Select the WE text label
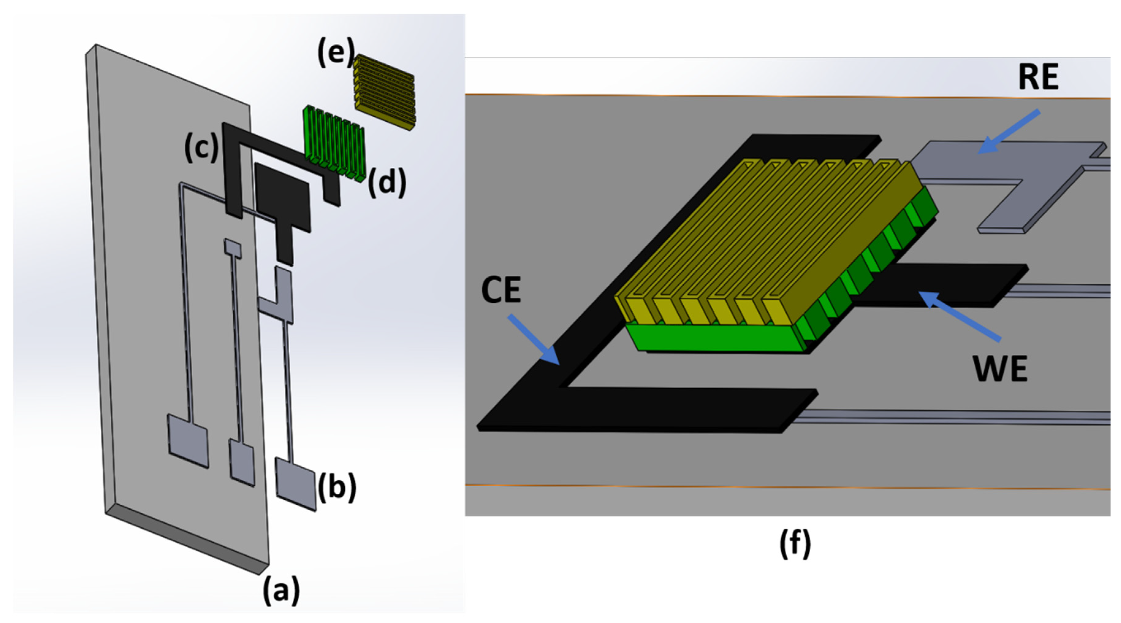click(1000, 369)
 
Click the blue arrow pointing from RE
click(1009, 131)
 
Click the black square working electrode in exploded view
click(283, 196)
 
